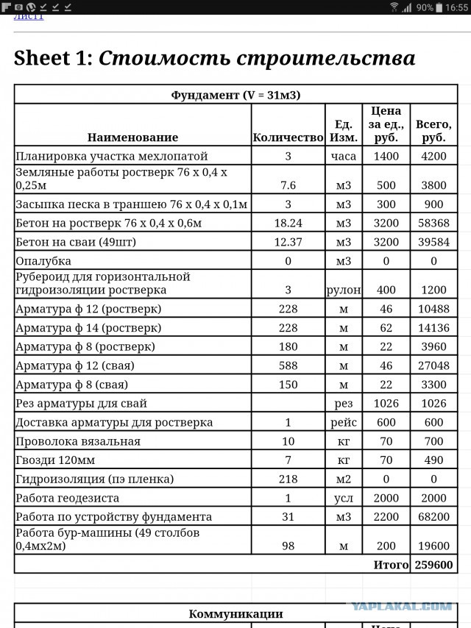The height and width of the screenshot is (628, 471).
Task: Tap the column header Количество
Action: [x=288, y=138]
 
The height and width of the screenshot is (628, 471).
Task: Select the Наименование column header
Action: [x=132, y=138]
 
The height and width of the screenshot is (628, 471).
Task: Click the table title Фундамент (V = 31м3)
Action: [x=235, y=95]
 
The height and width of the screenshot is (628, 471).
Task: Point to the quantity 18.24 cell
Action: [x=288, y=223]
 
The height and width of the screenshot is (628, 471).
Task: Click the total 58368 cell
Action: [x=434, y=223]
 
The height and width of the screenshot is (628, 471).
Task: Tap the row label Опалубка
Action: [x=43, y=261]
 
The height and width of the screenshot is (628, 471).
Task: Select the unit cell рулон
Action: [x=343, y=290]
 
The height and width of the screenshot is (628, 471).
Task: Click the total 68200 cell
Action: [x=434, y=517]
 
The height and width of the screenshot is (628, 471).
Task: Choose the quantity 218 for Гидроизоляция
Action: [x=288, y=479]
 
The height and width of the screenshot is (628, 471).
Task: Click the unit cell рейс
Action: [x=343, y=422]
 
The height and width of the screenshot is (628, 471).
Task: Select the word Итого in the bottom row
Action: [x=391, y=565]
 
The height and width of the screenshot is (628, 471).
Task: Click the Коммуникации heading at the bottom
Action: [x=235, y=614]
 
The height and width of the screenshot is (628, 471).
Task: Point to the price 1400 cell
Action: [x=386, y=156]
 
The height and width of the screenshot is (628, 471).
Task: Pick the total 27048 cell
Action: [x=434, y=365]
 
